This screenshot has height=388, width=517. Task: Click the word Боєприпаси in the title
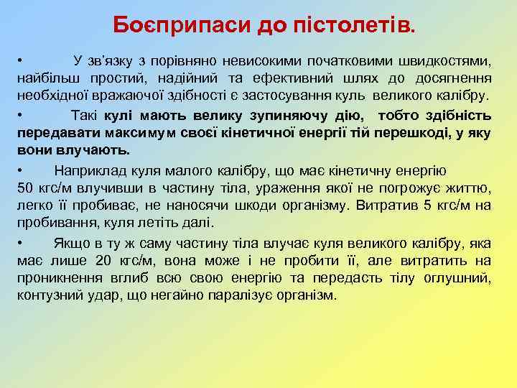click(182, 27)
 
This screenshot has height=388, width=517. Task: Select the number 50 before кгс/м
click(25, 188)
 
